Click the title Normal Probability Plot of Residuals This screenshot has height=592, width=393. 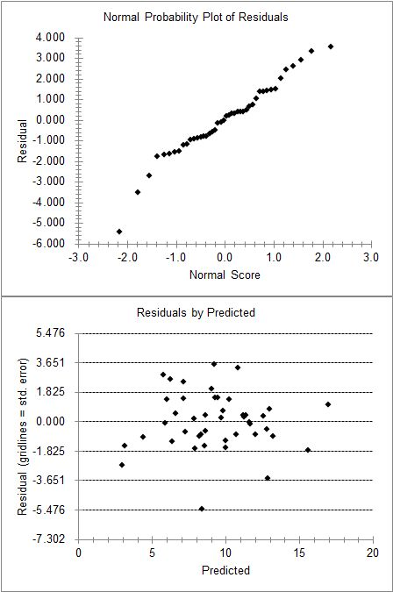[196, 17]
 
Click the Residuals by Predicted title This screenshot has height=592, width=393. [196, 312]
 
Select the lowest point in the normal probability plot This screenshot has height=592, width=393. [119, 232]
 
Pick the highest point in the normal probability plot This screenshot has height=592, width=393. [331, 46]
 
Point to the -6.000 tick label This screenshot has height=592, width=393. [50, 243]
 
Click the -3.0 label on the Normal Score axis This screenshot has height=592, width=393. [79, 257]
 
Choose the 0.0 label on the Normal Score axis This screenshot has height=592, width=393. [225, 257]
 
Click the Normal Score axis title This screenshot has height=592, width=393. [225, 275]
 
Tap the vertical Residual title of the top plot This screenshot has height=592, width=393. [22, 141]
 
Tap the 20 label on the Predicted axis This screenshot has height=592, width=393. [373, 553]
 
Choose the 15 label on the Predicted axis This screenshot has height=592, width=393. [299, 553]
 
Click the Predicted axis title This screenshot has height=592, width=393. [225, 570]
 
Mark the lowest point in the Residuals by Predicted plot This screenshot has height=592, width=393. [202, 509]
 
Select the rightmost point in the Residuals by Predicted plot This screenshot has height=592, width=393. [328, 404]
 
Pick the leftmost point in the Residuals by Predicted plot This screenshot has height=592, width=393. [122, 465]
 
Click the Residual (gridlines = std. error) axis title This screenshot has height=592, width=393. [22, 436]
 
